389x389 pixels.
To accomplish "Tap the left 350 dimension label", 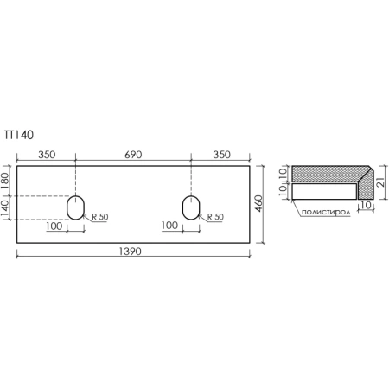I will [47, 156].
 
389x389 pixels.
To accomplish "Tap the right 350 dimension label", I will [220, 156].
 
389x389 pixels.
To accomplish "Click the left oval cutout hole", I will [76, 207].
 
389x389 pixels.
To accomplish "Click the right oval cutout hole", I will [191, 207].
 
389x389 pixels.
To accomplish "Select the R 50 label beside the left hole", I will [99, 217].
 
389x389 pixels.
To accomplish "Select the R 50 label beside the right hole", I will [214, 217].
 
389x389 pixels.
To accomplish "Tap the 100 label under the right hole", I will [169, 226].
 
